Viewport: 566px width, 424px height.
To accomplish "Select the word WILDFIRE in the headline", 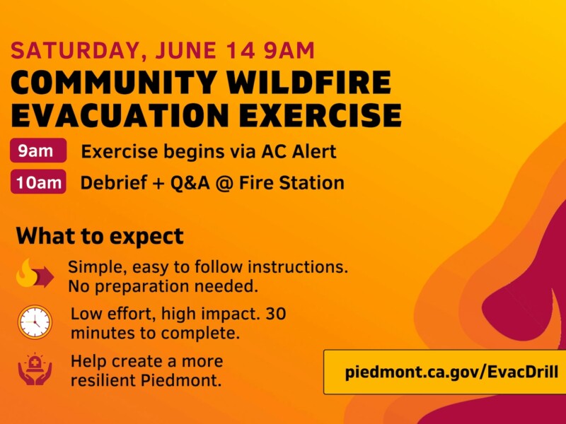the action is click(x=309, y=83).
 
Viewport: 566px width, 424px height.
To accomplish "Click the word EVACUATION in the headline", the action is click(x=120, y=115).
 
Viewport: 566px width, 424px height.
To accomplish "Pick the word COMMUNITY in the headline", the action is click(x=114, y=83).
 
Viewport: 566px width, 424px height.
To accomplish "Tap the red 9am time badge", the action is click(x=38, y=151).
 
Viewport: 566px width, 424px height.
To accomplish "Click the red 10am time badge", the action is click(x=38, y=182).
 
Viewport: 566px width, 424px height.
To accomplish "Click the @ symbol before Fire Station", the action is click(x=224, y=183).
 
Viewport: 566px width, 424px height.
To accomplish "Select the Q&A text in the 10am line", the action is click(x=190, y=183).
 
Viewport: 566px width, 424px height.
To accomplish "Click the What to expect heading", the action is click(x=100, y=237).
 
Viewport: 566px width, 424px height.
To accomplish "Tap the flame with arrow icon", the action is click(x=35, y=273).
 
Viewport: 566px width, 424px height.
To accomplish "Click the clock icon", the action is click(x=35, y=322).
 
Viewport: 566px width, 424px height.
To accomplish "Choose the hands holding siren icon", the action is click(x=35, y=369).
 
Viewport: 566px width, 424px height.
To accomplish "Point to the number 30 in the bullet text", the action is click(x=276, y=313).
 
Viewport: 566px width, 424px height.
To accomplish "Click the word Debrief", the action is click(x=114, y=182).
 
